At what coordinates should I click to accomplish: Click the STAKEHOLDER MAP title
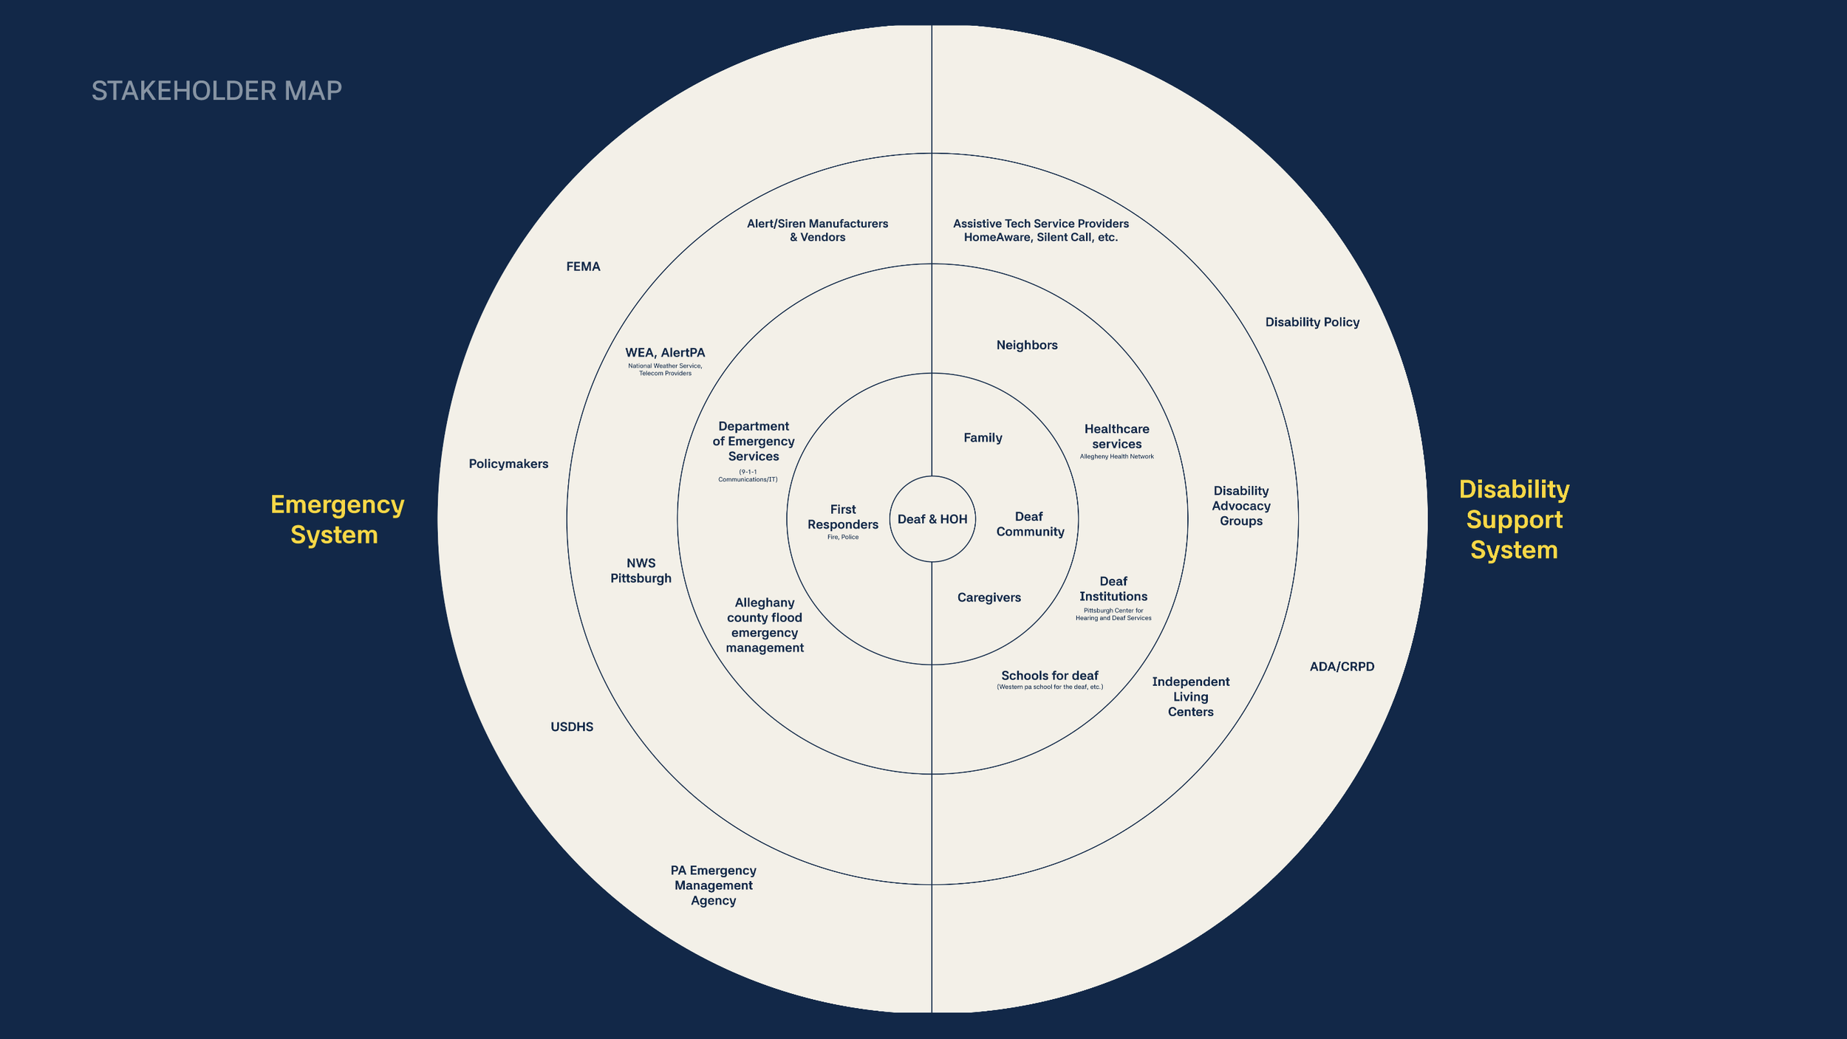216,91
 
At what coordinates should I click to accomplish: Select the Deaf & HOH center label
932,519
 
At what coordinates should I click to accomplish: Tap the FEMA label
583,267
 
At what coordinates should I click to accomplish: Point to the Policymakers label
508,464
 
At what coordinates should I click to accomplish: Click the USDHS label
572,727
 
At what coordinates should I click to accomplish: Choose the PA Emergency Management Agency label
713,885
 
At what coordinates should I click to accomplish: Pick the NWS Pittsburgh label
641,570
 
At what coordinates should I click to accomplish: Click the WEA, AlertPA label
665,353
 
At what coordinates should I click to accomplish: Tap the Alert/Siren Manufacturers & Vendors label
817,230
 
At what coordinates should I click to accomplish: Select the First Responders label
843,517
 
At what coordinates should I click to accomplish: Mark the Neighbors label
1027,345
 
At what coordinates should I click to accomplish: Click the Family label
983,438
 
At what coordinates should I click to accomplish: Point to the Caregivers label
989,597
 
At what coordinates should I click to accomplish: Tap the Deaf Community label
1030,524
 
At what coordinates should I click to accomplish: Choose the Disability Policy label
1312,322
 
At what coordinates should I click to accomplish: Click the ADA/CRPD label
1342,667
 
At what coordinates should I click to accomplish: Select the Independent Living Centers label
1190,696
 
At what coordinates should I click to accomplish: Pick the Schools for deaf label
1050,676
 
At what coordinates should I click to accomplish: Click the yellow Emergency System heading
337,519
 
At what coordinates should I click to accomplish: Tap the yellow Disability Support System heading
1514,519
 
